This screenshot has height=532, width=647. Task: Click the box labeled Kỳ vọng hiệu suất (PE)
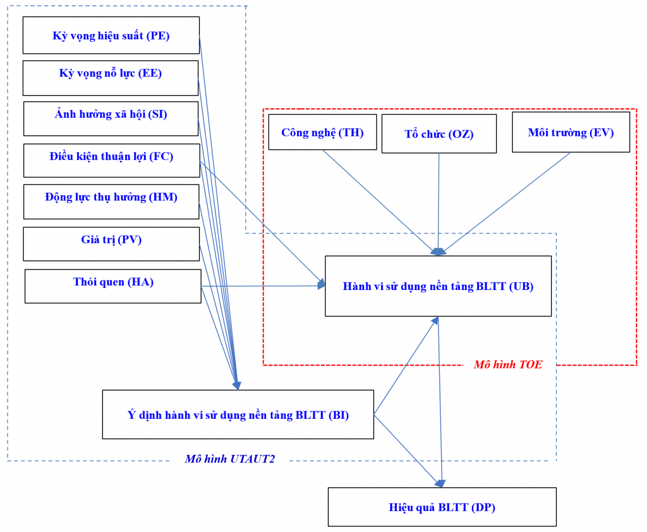coord(111,36)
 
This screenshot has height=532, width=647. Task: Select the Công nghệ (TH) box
coord(322,132)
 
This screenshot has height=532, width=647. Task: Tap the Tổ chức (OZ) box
coord(439,134)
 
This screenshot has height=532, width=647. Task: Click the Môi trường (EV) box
coord(570,132)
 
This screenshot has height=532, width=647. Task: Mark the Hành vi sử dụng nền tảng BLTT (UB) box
coord(438,286)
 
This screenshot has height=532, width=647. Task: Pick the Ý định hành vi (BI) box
coord(238,414)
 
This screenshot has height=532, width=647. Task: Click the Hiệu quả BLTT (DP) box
coord(442,507)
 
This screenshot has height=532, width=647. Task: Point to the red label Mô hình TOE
coord(507,365)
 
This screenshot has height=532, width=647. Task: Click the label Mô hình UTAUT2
coord(230,459)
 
